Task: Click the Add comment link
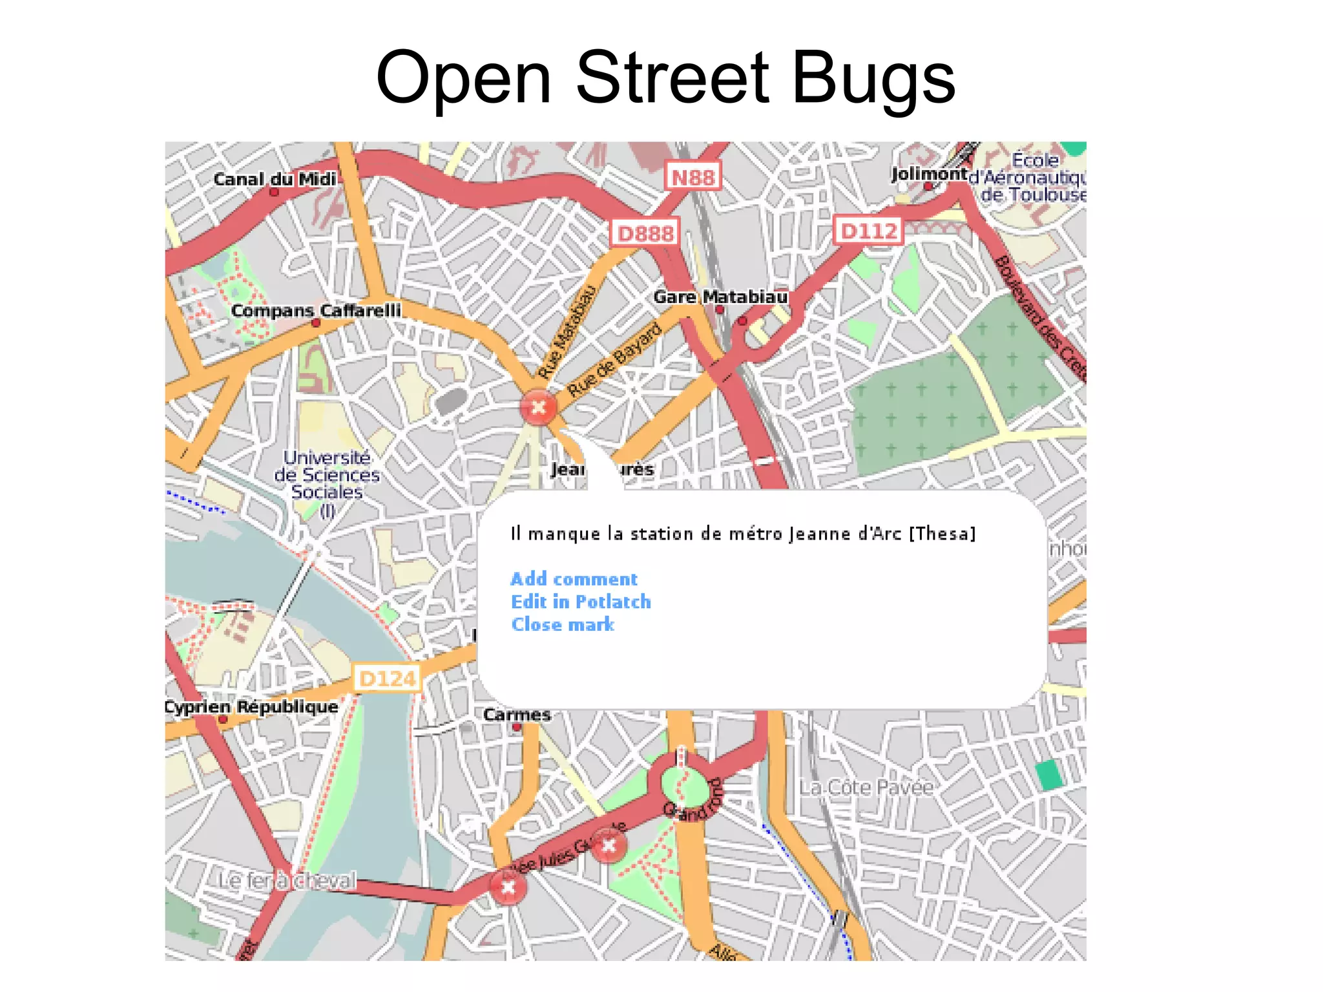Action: point(574,579)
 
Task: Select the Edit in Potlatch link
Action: point(581,602)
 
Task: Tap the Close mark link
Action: point(563,624)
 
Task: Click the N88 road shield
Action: point(693,177)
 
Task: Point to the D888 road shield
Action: point(645,233)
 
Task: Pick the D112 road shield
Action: point(869,231)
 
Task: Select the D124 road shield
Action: point(387,678)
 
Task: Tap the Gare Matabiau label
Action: point(720,297)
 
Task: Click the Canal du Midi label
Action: point(275,179)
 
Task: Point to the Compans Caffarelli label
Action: point(316,311)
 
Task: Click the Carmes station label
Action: point(517,715)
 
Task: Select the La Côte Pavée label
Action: point(866,788)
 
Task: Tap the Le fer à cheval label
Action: point(287,880)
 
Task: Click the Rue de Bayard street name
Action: point(614,359)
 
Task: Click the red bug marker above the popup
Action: point(537,408)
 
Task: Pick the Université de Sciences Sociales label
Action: point(327,476)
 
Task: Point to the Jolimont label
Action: point(929,174)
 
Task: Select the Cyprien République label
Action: point(251,706)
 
